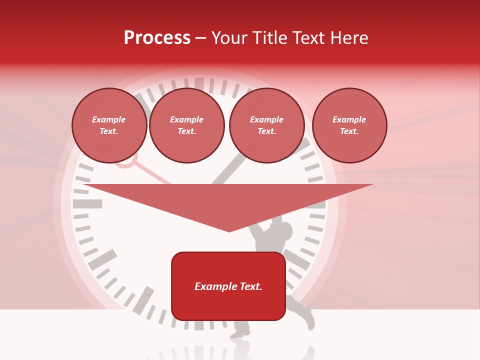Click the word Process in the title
coord(157,38)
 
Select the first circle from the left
coord(109,125)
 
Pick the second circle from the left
coord(186,125)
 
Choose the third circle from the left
coord(266,125)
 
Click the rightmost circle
coord(349,125)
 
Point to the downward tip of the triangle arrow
coord(229,230)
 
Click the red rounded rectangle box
coord(228,286)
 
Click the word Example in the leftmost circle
coord(109,120)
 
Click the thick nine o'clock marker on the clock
coord(87,204)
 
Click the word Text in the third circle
coord(266,131)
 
